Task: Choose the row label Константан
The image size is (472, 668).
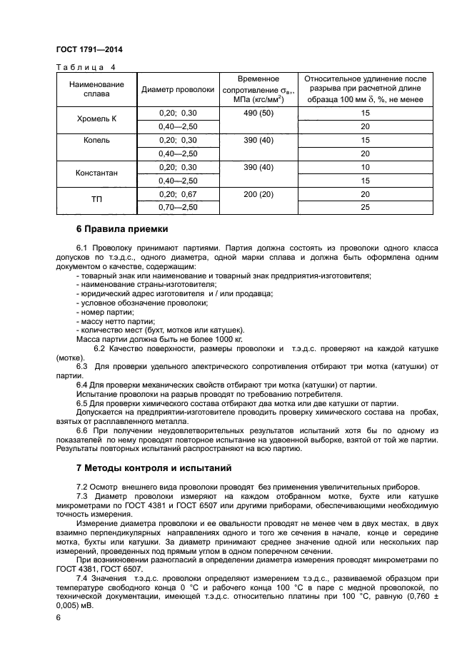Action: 96,173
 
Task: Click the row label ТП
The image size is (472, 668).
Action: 96,201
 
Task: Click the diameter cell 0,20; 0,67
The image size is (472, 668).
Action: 178,193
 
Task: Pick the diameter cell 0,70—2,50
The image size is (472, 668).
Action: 178,207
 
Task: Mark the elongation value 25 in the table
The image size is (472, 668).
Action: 365,207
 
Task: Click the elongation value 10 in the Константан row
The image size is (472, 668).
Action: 365,167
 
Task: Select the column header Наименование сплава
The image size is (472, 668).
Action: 96,89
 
